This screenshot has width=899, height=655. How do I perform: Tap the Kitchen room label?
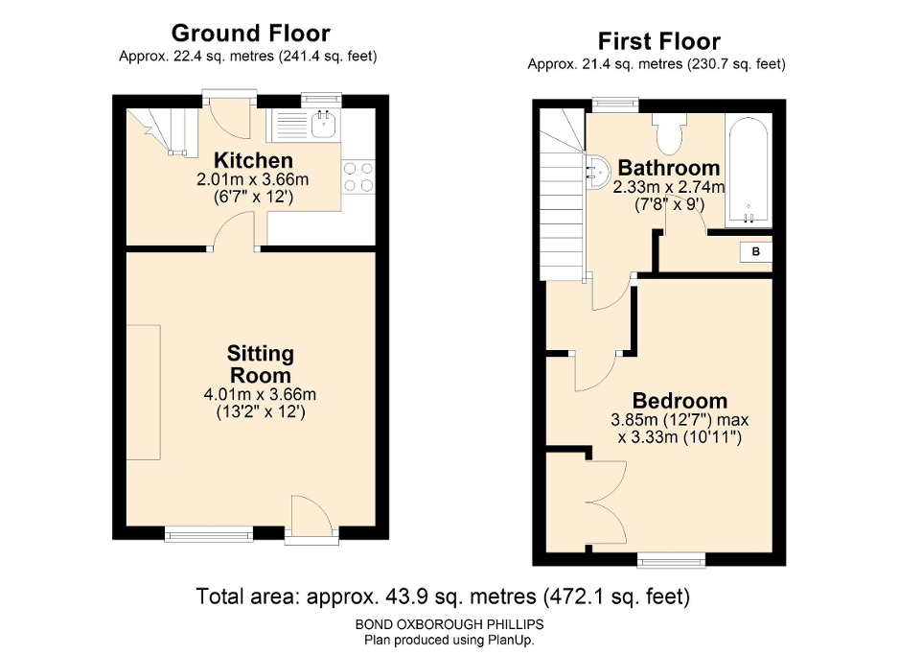click(253, 160)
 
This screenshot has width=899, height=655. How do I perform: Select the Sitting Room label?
click(259, 364)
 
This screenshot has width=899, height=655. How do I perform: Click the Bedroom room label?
click(680, 401)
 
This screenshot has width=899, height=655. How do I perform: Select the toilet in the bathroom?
click(667, 132)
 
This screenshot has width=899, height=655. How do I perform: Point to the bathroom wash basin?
click(596, 171)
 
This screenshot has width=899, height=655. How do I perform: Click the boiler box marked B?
click(755, 252)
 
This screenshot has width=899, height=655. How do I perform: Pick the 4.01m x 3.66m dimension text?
click(259, 394)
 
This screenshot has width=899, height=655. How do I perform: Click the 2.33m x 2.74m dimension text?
click(669, 187)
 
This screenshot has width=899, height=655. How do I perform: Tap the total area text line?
click(443, 597)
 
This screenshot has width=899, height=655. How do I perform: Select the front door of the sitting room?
click(311, 518)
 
